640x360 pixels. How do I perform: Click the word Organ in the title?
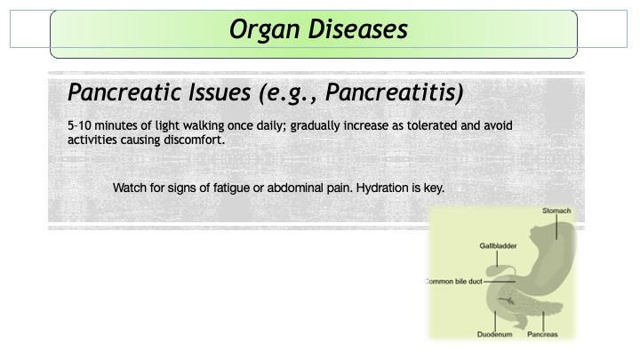tap(265, 30)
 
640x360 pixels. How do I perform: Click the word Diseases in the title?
tap(357, 29)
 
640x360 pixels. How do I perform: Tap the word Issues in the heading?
tap(220, 92)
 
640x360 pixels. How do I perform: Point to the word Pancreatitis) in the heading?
tap(395, 92)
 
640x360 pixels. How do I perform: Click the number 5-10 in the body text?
tap(79, 125)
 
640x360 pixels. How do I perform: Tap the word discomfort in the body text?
tap(194, 140)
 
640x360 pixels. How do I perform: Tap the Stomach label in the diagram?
tap(556, 211)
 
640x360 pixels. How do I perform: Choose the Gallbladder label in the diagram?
tap(498, 245)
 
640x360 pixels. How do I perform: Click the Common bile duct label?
tap(453, 281)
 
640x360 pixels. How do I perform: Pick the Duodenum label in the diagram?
tap(495, 334)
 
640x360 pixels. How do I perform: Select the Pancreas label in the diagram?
tap(542, 334)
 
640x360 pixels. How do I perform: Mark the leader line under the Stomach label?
tap(556, 227)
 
